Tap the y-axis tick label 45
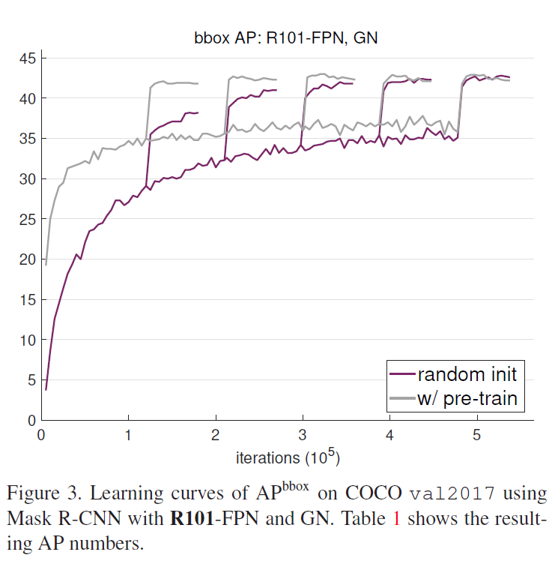pos(27,58)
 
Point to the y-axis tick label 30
pos(27,178)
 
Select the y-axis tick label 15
pos(27,299)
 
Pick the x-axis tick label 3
pos(303,435)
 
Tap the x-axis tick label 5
pos(477,435)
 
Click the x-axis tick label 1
pos(128,435)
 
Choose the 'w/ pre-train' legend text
pos(467,397)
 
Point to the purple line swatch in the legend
pos(403,373)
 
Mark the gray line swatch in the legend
pos(403,398)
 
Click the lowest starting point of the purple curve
pos(46,389)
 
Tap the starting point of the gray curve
pos(46,264)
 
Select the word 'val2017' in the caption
pos(458,495)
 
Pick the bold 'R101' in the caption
pos(192,518)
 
